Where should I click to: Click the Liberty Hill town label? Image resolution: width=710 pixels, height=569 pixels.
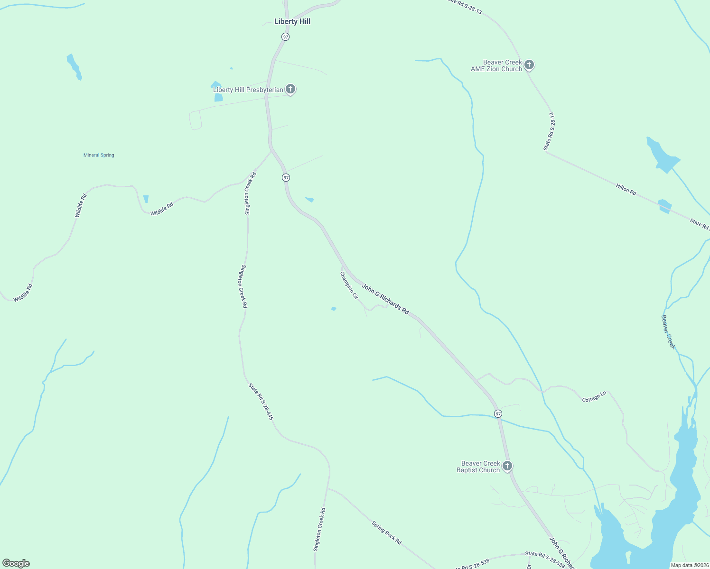click(292, 21)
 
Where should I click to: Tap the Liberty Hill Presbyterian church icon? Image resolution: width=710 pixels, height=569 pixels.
click(290, 89)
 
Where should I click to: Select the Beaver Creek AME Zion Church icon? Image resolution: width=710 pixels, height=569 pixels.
click(529, 65)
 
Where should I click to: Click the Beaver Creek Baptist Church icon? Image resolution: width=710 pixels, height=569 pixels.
click(507, 466)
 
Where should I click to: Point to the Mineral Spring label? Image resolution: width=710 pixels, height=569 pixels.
click(99, 155)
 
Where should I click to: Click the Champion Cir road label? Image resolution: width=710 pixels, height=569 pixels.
click(349, 285)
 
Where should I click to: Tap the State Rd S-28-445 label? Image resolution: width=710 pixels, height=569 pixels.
click(261, 402)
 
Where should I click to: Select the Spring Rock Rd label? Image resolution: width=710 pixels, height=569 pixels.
click(387, 532)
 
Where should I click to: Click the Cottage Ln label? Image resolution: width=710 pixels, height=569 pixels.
click(594, 397)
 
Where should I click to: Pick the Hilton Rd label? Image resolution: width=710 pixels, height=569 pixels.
click(626, 189)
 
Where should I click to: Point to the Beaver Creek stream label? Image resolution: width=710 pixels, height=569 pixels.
click(668, 332)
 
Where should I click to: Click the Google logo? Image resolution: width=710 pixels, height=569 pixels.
click(16, 563)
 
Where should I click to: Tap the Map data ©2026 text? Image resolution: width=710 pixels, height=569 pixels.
click(689, 565)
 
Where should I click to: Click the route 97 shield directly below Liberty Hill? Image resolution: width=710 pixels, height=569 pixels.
click(285, 37)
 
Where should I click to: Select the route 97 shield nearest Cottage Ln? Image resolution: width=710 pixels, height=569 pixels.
click(497, 413)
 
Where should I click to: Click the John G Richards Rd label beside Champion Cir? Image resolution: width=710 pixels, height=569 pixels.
click(385, 299)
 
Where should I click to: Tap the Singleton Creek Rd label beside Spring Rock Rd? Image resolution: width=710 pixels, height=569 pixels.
click(319, 530)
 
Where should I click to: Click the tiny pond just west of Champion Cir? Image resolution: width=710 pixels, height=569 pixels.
click(334, 309)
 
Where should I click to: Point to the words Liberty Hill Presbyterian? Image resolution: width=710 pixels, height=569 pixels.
click(248, 90)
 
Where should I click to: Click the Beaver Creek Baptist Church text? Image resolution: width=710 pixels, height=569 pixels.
click(478, 467)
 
